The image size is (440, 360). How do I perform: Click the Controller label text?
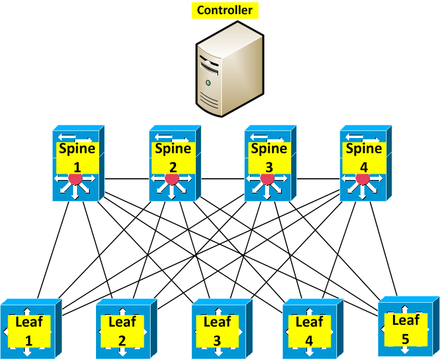click(224, 10)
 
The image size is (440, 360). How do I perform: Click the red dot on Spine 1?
click(76, 179)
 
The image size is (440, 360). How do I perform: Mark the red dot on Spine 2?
click(172, 179)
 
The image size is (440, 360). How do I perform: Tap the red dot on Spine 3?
click(267, 179)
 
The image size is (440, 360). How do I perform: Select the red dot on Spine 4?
click(362, 179)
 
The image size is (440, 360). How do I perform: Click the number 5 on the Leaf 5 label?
click(406, 338)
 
